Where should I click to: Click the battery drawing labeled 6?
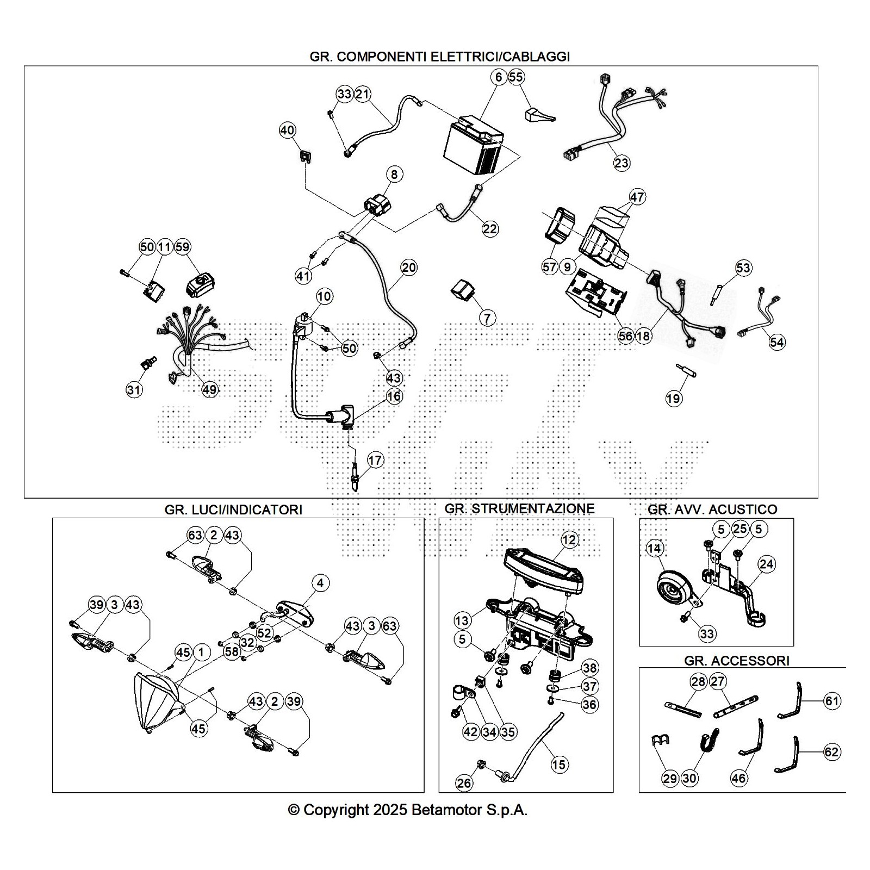[x=473, y=147]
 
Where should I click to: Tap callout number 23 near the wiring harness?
[x=622, y=163]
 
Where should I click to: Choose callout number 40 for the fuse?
[x=287, y=130]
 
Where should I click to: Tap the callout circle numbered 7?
[x=487, y=318]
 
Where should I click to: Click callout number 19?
[x=673, y=399]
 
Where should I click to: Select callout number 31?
[x=134, y=390]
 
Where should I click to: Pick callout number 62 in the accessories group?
[x=832, y=752]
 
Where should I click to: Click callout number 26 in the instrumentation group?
[x=464, y=783]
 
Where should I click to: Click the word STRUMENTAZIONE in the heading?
[x=533, y=508]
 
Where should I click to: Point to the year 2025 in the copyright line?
[x=390, y=810]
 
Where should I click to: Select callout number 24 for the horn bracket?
[x=766, y=564]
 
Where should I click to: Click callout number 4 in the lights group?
[x=320, y=583]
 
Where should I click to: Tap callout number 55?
[x=516, y=77]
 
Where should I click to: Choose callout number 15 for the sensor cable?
[x=559, y=765]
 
